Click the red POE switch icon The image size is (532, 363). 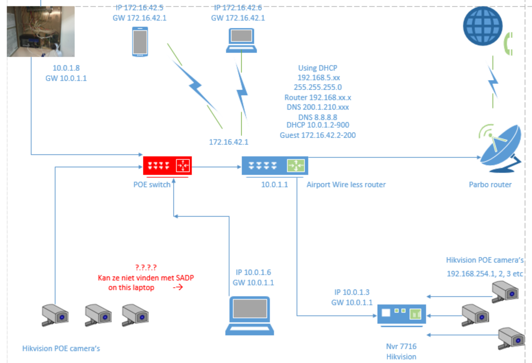167,165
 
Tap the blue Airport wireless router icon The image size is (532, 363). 275,165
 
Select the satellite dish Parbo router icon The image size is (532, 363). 500,149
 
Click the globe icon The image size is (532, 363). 482,26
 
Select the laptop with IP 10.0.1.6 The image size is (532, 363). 249,315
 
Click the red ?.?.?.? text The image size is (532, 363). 146,267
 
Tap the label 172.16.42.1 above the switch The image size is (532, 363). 229,142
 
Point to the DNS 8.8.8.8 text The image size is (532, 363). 318,117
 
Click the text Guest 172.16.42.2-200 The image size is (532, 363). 318,135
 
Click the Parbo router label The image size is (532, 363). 490,185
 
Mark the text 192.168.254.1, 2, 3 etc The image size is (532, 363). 485,274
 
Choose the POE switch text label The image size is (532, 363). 152,185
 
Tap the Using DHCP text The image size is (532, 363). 318,68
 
